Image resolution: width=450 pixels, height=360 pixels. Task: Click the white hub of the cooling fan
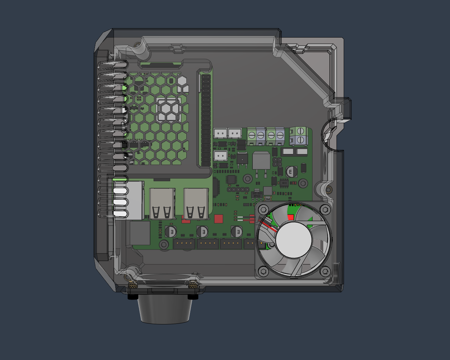294,240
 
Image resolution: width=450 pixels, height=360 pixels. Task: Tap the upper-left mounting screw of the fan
263,210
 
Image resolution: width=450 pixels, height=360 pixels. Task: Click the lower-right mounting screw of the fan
325,271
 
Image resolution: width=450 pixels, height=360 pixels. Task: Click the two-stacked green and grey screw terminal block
298,136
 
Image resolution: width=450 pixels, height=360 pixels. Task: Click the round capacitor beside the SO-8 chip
291,172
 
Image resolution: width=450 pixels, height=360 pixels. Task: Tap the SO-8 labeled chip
284,183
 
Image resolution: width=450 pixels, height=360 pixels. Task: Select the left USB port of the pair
162,204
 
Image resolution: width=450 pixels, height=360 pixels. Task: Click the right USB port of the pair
196,204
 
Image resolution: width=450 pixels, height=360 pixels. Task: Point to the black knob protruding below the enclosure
165,309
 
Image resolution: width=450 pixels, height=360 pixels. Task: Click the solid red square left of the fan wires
218,219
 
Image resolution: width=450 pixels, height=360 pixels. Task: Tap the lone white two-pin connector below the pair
220,155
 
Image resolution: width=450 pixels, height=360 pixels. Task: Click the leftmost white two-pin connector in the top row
220,133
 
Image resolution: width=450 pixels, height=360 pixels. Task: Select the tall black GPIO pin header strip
206,120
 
